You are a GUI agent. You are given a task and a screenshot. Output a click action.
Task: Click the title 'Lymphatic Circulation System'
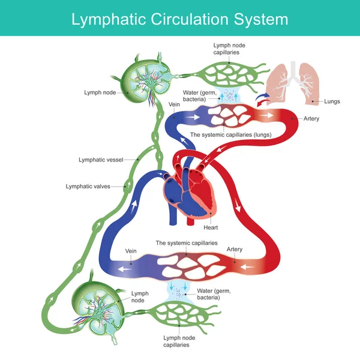(x=180, y=19)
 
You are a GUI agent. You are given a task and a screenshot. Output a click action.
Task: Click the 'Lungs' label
(x=331, y=102)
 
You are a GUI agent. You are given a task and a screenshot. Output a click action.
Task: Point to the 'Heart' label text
(x=211, y=228)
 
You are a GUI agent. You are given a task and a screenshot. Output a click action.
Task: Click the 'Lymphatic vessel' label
(x=101, y=160)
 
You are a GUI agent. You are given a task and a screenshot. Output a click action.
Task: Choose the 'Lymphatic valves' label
(x=92, y=187)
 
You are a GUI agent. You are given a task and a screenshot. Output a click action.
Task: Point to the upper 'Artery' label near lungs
(x=311, y=119)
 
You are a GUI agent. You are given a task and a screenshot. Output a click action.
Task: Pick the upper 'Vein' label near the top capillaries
(x=175, y=104)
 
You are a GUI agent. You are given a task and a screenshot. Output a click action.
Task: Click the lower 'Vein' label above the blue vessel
(x=131, y=251)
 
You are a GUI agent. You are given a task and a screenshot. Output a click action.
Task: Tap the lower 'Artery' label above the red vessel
(x=235, y=249)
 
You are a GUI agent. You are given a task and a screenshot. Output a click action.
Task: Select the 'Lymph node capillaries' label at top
(x=230, y=50)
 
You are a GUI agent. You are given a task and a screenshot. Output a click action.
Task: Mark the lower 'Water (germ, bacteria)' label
(x=214, y=293)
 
